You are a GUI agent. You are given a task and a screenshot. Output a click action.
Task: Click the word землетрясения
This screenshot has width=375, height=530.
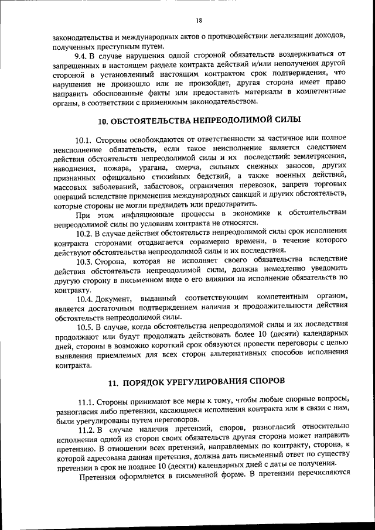click(319, 159)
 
